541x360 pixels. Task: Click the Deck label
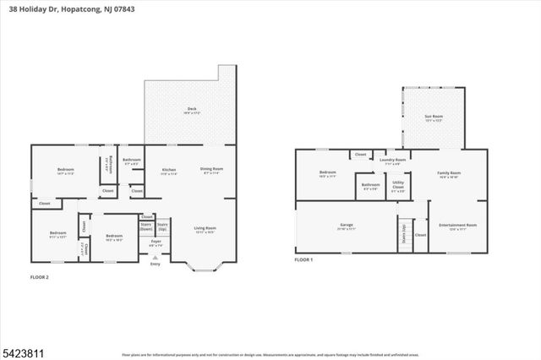pos(191,109)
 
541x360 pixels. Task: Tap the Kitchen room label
pos(169,170)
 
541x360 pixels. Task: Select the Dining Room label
pos(211,170)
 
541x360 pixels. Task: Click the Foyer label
pos(156,242)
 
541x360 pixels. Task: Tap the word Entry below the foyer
pos(155,265)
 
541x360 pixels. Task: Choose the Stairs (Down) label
pos(146,226)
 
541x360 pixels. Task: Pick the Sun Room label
pos(434,117)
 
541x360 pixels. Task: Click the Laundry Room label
pos(393,160)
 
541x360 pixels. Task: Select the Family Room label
pos(448,172)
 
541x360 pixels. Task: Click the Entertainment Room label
pos(457,224)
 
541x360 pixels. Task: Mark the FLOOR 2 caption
pos(39,276)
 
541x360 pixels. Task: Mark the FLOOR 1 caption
pos(303,260)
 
